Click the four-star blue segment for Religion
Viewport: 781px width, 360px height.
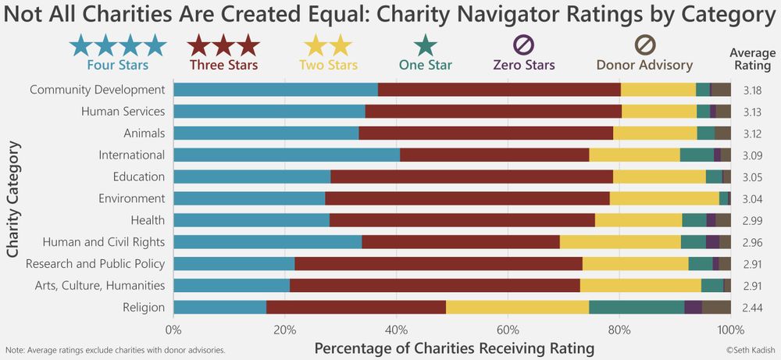pos(219,308)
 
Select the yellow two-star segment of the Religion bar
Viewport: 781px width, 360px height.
pos(517,308)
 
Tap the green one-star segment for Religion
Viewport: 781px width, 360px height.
pos(637,308)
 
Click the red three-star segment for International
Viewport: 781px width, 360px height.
pos(494,155)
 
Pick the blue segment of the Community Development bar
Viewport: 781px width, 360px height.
pos(276,89)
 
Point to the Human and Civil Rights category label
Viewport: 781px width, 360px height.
pos(104,242)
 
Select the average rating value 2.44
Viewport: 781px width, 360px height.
pos(753,308)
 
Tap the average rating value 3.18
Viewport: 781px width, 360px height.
pos(753,90)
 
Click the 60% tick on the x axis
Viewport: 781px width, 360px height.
pos(508,329)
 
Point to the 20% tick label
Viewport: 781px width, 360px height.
pos(285,329)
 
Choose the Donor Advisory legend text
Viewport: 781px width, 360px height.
pos(644,65)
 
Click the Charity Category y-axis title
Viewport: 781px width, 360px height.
pos(13,198)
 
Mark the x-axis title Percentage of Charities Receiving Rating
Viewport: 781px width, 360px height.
pos(454,348)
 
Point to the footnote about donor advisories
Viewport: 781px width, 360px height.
pos(116,350)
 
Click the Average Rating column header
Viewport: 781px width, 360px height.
pos(752,59)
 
